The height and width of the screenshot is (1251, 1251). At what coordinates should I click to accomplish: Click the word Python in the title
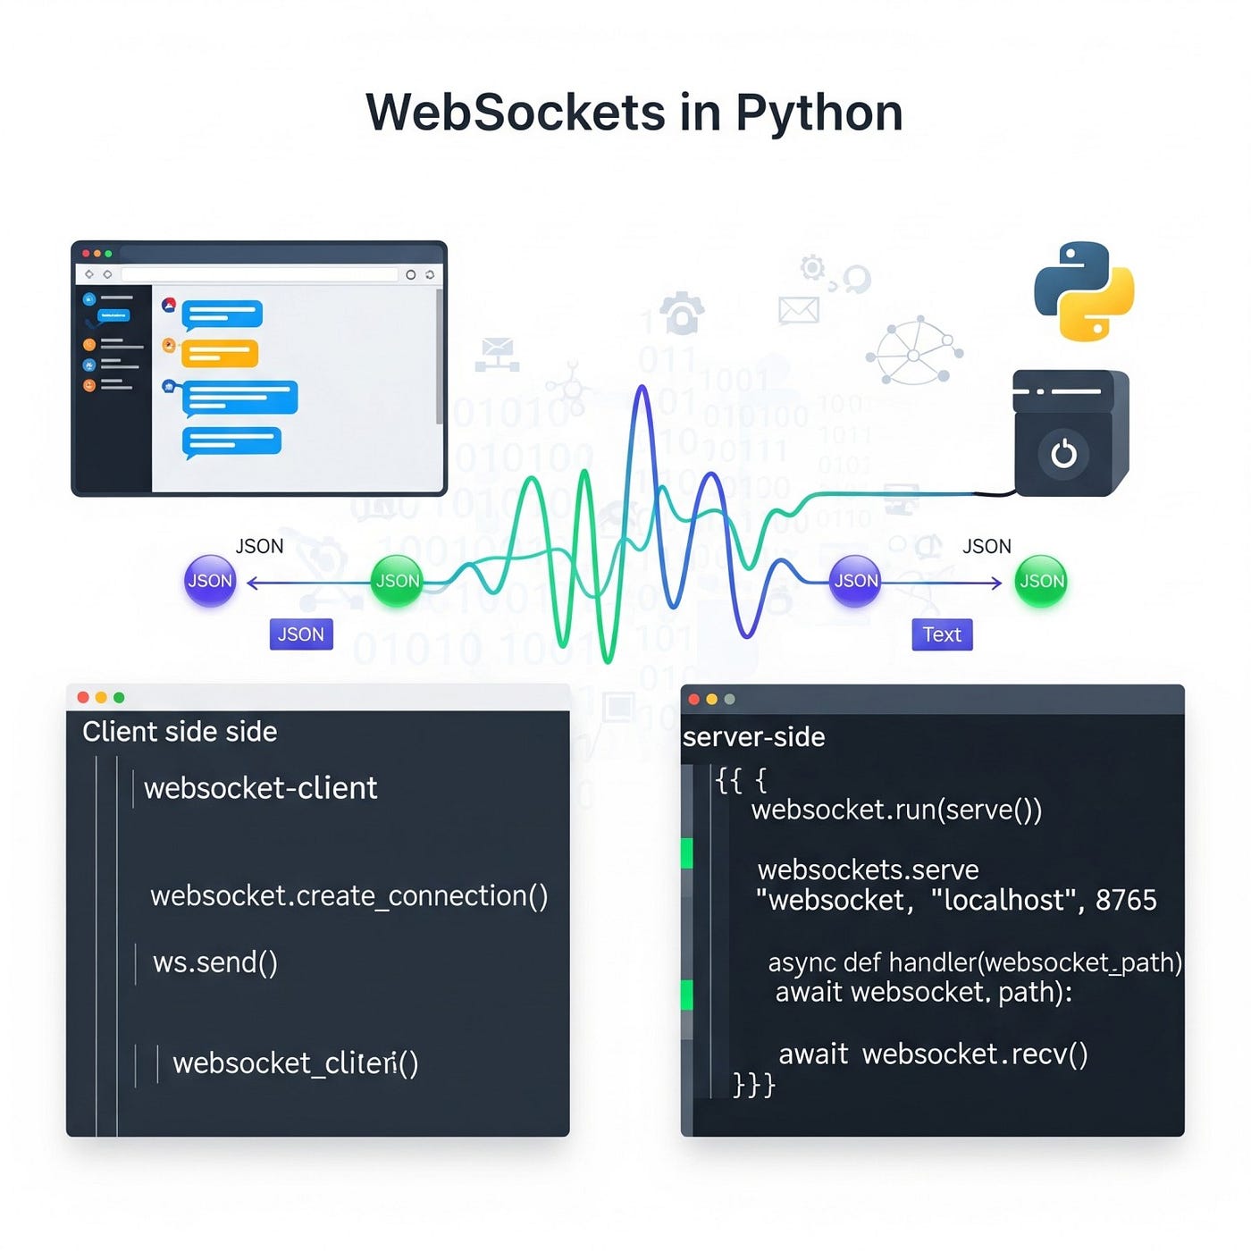pos(819,113)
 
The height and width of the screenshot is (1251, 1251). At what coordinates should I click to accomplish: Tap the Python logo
pos(1084,291)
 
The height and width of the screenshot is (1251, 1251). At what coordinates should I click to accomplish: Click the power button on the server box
pos(1063,454)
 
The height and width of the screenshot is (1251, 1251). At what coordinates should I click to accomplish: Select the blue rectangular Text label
pos(942,634)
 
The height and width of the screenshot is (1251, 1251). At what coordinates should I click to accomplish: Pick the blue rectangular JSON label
pos(301,634)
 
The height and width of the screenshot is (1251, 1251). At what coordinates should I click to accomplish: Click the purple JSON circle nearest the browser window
pos(210,581)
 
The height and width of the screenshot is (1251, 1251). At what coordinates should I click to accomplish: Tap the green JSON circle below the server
pos(1042,581)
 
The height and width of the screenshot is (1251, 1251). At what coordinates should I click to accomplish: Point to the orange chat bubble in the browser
pos(219,354)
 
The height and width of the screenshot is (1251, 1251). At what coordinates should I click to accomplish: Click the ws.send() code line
pos(215,962)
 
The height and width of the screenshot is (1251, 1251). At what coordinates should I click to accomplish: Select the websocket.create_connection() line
pos(348,895)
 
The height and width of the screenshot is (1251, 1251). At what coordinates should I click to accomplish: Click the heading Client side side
pos(180,732)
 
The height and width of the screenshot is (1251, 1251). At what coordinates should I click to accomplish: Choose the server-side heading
pos(753,737)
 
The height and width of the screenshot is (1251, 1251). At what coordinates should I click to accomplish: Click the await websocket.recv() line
pos(933,1054)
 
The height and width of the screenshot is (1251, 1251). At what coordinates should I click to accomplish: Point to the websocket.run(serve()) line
pos(896,810)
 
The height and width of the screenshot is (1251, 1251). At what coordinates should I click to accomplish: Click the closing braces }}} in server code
pos(753,1084)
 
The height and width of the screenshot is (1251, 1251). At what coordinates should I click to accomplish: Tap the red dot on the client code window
pos(83,697)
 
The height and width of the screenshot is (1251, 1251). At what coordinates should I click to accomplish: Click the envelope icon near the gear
pos(799,310)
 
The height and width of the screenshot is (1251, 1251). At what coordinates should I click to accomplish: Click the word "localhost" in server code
pos(1000,900)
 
